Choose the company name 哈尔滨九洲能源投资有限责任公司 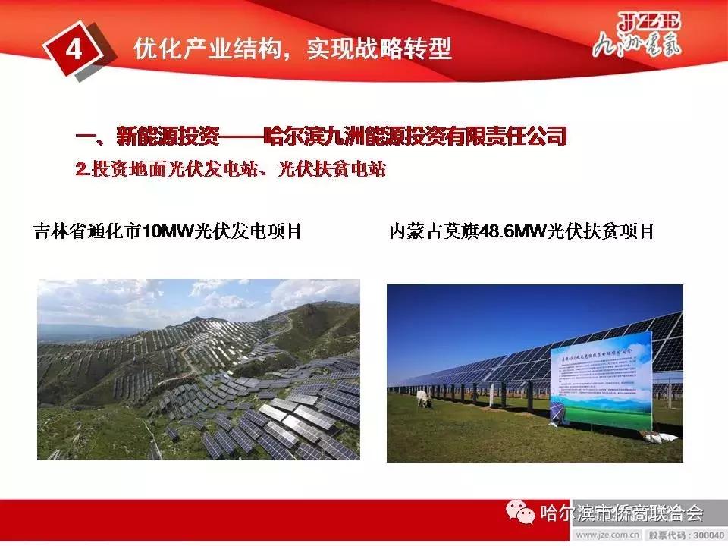[415, 137]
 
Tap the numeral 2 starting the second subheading [81, 170]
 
